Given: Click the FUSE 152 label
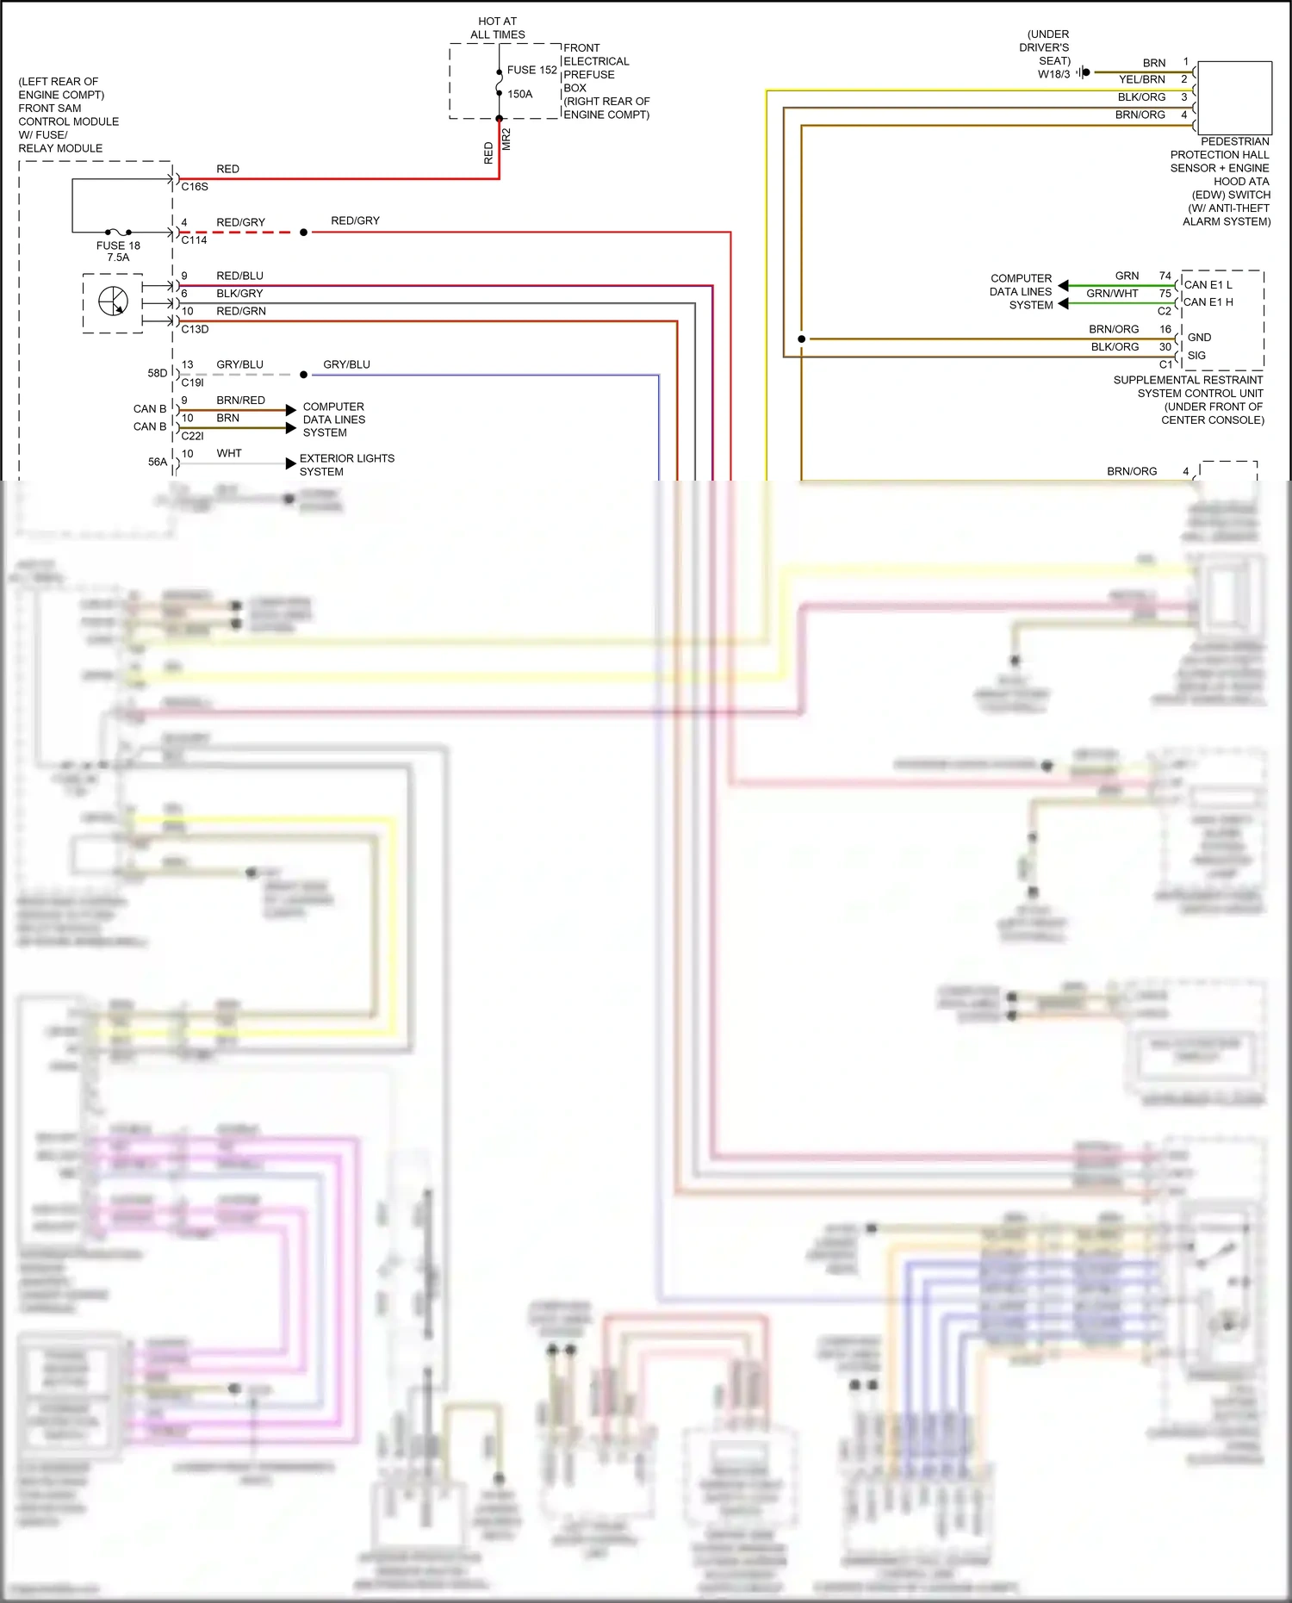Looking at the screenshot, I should click(x=531, y=70).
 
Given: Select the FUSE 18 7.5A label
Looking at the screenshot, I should click(x=118, y=252).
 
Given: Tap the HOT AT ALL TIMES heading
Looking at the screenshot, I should click(x=497, y=28).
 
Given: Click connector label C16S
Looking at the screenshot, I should click(x=195, y=186).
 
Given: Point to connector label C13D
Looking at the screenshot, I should click(x=195, y=329).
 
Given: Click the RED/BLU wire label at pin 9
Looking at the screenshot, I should click(x=239, y=276).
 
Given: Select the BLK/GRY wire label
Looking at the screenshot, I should click(x=239, y=294).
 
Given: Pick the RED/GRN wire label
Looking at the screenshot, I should click(x=240, y=311).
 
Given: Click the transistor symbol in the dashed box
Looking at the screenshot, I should click(x=114, y=301).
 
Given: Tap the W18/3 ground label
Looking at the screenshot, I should click(x=1053, y=74).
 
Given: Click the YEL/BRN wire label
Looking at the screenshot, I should click(x=1141, y=79).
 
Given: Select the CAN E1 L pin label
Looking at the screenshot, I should click(x=1208, y=284).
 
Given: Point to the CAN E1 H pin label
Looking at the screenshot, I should click(x=1208, y=302).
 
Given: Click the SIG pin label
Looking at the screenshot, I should click(x=1196, y=355).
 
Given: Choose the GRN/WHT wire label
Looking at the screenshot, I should click(x=1112, y=294).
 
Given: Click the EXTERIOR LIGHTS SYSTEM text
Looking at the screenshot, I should click(x=346, y=465).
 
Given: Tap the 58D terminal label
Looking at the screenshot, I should click(x=157, y=373).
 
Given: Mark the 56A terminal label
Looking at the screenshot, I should click(x=157, y=462).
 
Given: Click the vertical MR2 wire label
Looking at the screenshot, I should click(x=506, y=140).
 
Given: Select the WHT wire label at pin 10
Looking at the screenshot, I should click(x=229, y=453).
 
